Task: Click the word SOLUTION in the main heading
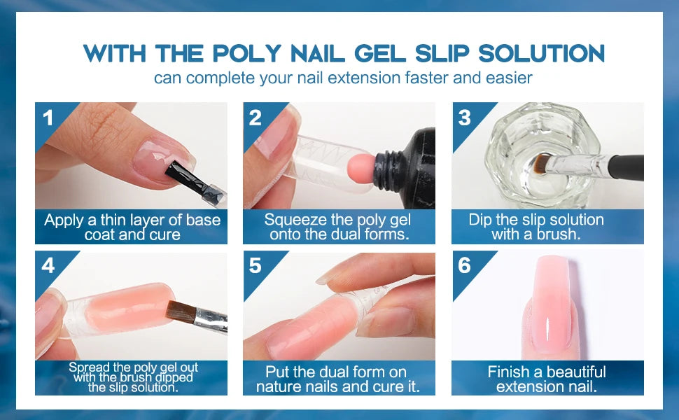click(541, 53)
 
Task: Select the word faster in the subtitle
click(426, 78)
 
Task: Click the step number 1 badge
click(48, 118)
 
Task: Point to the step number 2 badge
click(255, 118)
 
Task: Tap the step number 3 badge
click(464, 118)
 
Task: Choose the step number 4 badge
click(48, 265)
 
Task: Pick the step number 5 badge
click(255, 265)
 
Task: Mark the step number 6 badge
click(464, 265)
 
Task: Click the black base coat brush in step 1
click(182, 178)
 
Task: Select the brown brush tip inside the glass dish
click(540, 164)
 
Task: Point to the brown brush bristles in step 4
click(182, 311)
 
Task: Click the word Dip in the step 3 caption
click(479, 220)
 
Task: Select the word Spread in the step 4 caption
click(88, 367)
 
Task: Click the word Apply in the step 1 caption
click(64, 220)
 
